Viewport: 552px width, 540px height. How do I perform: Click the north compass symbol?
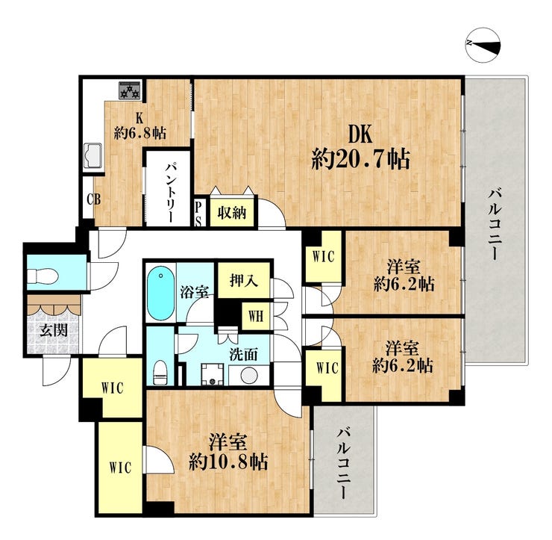point(483,45)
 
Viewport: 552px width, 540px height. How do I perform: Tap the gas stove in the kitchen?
point(131,90)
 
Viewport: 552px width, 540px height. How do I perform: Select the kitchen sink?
point(92,157)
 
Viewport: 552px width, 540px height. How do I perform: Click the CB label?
point(94,200)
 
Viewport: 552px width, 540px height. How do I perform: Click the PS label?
point(198,214)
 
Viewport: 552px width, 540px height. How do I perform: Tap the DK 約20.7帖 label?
point(361,147)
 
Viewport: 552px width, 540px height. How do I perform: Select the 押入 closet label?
point(245,281)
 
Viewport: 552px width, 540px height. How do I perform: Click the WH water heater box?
point(256,316)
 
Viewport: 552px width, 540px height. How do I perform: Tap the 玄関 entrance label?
point(54,330)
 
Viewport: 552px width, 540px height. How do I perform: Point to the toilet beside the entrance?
point(43,276)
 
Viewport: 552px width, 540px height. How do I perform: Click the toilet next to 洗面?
point(160,372)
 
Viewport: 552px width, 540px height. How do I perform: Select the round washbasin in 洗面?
point(249,375)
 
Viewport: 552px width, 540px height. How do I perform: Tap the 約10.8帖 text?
point(228,462)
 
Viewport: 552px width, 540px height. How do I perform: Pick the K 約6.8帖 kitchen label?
point(140,125)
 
